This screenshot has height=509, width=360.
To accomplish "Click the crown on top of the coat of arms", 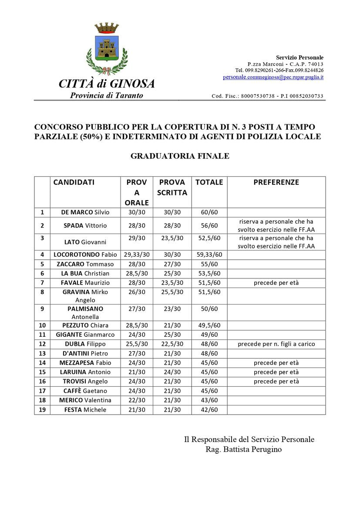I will pos(107,28).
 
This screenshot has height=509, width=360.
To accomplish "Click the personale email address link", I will pos(273,77).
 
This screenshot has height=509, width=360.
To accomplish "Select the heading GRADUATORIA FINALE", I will pos(180,156).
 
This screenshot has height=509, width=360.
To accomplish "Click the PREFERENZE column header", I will pos(276,182).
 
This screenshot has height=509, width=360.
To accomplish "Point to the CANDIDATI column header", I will pos(74,182).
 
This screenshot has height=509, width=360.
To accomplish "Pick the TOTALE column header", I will pos(209,182).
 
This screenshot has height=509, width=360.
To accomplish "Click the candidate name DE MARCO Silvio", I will pos(85,212).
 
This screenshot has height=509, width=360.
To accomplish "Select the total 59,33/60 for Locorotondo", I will pos(209,255).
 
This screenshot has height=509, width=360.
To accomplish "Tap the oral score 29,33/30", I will pos(137,255).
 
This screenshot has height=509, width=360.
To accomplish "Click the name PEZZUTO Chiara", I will pos(85,325).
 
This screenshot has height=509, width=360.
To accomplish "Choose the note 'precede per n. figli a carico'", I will pos(276,344).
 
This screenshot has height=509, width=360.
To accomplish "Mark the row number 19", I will pos(42,409).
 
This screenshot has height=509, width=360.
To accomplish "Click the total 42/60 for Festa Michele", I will pos(209,410).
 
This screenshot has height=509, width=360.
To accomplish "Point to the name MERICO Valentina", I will pos(85,400).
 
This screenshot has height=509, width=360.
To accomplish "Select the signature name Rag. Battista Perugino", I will pos(243,449).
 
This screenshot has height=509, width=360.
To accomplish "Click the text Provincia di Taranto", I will pos(107,95).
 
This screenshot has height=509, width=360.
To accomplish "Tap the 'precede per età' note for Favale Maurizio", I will pos(276,283).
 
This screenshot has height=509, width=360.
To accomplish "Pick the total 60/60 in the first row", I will pos(209,212).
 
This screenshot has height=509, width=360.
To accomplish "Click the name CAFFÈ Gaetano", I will pos(85,391).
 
